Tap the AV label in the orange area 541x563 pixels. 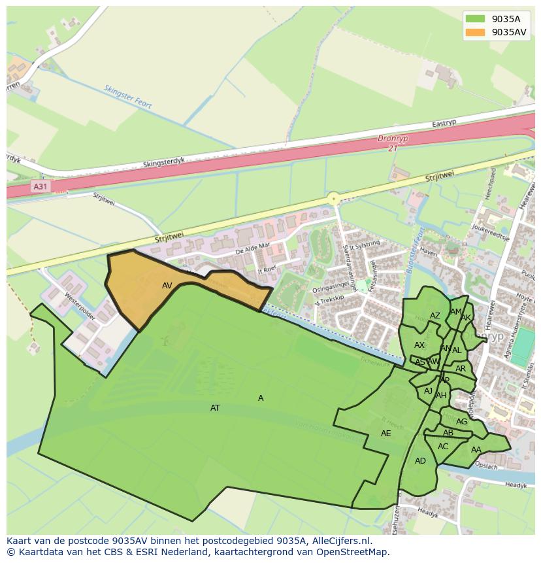(167, 286)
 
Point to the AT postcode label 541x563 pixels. (215, 408)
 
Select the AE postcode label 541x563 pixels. (385, 434)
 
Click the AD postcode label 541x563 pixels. (420, 461)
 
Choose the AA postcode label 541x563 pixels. (476, 450)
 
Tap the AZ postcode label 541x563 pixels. (435, 316)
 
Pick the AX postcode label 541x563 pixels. (419, 345)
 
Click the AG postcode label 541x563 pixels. (462, 422)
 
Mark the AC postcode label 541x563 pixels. (443, 447)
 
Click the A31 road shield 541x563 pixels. (40, 187)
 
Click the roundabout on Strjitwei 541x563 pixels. (334, 198)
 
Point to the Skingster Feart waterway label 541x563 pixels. (127, 95)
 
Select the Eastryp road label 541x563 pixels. (444, 124)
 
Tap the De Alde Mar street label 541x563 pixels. (252, 247)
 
